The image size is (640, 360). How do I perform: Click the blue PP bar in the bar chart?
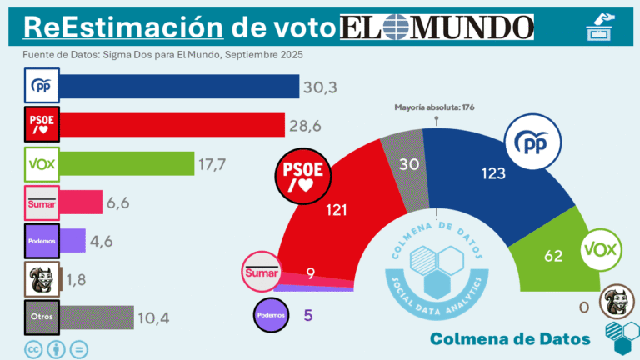click(x=179, y=87)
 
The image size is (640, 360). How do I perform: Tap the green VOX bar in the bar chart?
click(x=127, y=164)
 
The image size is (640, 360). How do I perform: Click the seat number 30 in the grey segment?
click(x=408, y=165)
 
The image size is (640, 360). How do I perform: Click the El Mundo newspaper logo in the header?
click(x=437, y=27)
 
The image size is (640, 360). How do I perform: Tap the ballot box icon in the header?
click(x=601, y=27)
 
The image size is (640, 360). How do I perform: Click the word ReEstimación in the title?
click(x=122, y=27)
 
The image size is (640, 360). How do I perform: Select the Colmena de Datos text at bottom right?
click(x=510, y=338)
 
